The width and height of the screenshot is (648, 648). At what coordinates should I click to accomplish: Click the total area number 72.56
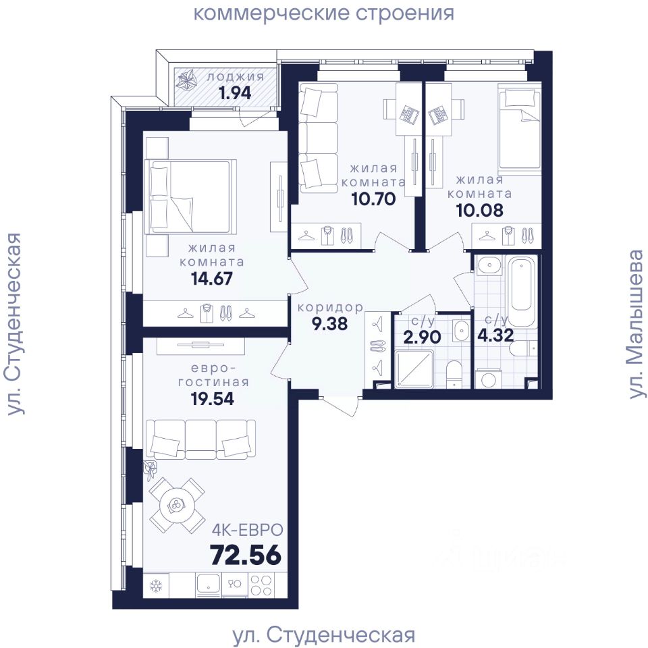pyautogui.click(x=246, y=555)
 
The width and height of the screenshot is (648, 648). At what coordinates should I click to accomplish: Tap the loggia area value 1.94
pyautogui.click(x=235, y=93)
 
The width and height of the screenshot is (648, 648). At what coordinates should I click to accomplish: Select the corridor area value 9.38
pyautogui.click(x=329, y=323)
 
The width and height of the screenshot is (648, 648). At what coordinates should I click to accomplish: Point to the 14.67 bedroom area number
pyautogui.click(x=211, y=279)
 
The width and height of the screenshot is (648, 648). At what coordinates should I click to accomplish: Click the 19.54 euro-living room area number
pyautogui.click(x=212, y=399)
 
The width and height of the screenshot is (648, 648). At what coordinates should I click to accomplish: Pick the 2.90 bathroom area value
pyautogui.click(x=422, y=337)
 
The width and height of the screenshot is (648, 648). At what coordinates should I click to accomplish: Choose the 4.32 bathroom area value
pyautogui.click(x=495, y=335)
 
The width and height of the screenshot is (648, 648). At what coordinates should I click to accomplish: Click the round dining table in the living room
pyautogui.click(x=176, y=505)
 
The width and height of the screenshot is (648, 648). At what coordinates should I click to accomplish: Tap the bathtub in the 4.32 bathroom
pyautogui.click(x=522, y=291)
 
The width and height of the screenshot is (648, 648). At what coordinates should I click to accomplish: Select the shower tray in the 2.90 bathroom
pyautogui.click(x=414, y=369)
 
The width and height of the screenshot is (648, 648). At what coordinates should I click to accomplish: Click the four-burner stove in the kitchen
pyautogui.click(x=261, y=585)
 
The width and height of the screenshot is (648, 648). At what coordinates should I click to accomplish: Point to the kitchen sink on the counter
pyautogui.click(x=209, y=585)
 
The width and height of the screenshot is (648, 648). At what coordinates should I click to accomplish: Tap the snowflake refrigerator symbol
pyautogui.click(x=156, y=585)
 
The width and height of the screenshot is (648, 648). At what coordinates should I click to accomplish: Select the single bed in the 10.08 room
pyautogui.click(x=520, y=130)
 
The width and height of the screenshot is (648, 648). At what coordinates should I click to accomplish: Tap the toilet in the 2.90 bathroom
pyautogui.click(x=454, y=373)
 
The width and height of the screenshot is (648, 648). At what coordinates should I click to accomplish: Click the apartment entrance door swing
pyautogui.click(x=339, y=407)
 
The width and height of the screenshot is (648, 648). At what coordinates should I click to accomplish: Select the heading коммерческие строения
pyautogui.click(x=323, y=13)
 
